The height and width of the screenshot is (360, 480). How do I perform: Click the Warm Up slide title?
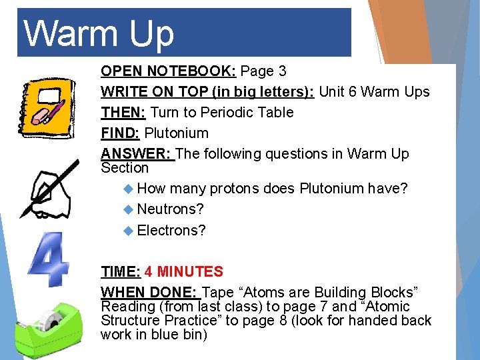point(99,33)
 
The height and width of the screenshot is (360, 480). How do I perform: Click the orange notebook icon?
point(44,107)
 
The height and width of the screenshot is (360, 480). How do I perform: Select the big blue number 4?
point(48,260)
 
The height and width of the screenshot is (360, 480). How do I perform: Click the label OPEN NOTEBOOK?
point(169,71)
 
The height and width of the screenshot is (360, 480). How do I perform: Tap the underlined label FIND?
point(121,133)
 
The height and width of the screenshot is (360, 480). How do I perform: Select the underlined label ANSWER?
point(137,153)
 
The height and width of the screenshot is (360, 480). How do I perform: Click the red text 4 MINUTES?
point(184,271)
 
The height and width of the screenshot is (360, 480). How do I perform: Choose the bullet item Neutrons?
point(170,209)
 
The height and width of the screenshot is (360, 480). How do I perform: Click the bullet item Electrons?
point(171,230)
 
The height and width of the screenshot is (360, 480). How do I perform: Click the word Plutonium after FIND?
point(176,133)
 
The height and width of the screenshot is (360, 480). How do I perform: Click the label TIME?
point(120,271)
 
